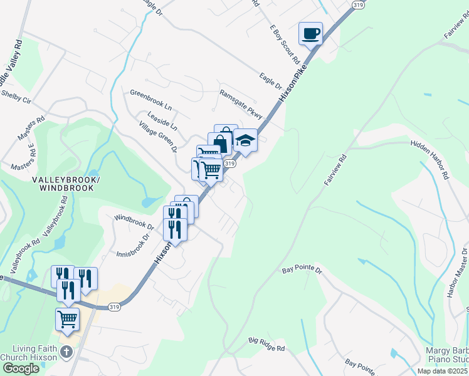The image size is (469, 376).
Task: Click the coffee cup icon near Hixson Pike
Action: pos(310,33)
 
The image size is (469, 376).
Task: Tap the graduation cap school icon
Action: pos(245,142)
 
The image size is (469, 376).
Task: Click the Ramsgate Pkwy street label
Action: pos(240,100)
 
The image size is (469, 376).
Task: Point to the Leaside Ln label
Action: pos(162,122)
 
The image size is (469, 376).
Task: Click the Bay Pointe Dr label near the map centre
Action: pos(301,270)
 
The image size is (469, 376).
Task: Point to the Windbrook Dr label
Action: pos(134,221)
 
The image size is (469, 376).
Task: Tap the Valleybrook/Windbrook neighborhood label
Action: pos(66,184)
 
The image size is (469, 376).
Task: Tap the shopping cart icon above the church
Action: pos(67,320)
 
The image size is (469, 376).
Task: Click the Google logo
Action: pos(20,368)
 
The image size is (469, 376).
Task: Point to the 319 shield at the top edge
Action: pos(358,4)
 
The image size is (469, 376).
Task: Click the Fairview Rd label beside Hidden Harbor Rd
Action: pos(335,170)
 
